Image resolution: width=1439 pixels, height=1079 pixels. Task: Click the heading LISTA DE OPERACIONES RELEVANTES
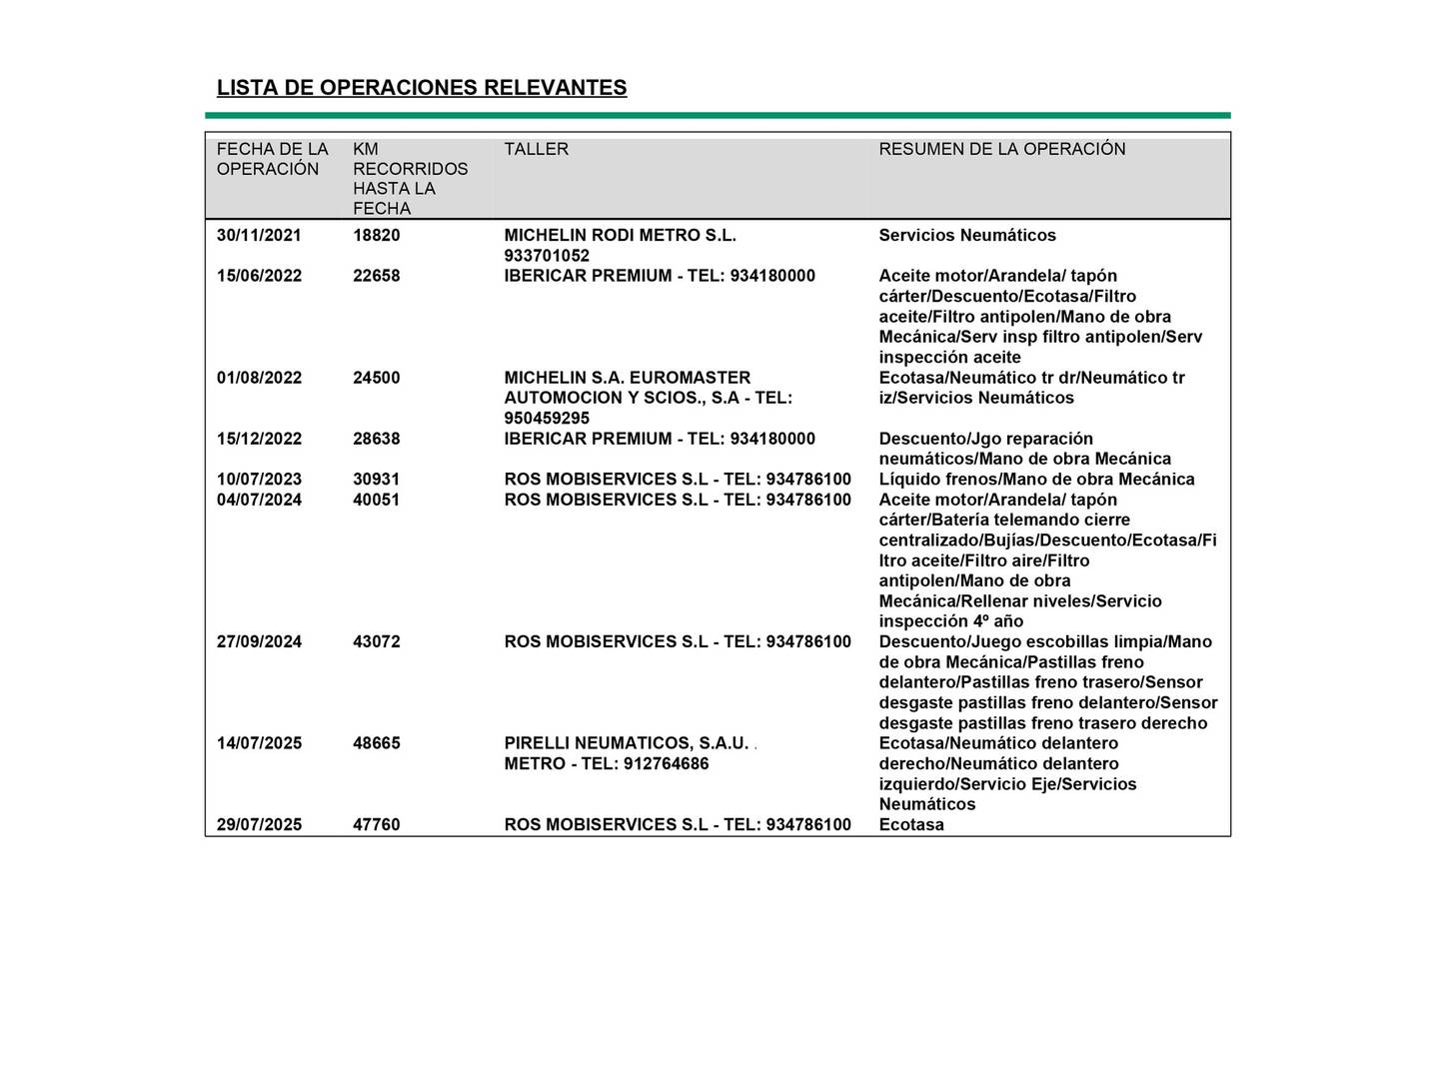click(422, 88)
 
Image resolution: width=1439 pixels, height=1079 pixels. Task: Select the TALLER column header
click(536, 149)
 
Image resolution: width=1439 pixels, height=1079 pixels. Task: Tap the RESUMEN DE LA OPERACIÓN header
click(1001, 149)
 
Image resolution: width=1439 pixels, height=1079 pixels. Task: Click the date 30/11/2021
click(259, 236)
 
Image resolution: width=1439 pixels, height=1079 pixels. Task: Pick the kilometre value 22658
click(376, 276)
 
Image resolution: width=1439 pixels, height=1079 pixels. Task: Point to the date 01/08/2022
click(259, 378)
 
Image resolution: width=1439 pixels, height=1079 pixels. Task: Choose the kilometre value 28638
click(376, 439)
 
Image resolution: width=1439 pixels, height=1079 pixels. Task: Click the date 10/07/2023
click(259, 480)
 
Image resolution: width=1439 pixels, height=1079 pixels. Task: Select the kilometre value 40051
click(376, 500)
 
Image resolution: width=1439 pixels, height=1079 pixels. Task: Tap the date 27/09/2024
click(259, 641)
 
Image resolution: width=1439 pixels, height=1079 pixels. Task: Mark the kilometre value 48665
click(376, 743)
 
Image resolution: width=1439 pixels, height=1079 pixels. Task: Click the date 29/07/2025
click(259, 825)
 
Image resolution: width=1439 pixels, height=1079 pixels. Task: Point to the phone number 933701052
click(547, 256)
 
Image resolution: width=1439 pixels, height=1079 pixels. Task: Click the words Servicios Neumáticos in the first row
click(966, 236)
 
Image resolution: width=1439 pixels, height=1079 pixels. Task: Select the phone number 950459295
click(547, 419)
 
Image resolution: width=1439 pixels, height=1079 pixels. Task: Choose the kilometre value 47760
click(376, 825)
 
